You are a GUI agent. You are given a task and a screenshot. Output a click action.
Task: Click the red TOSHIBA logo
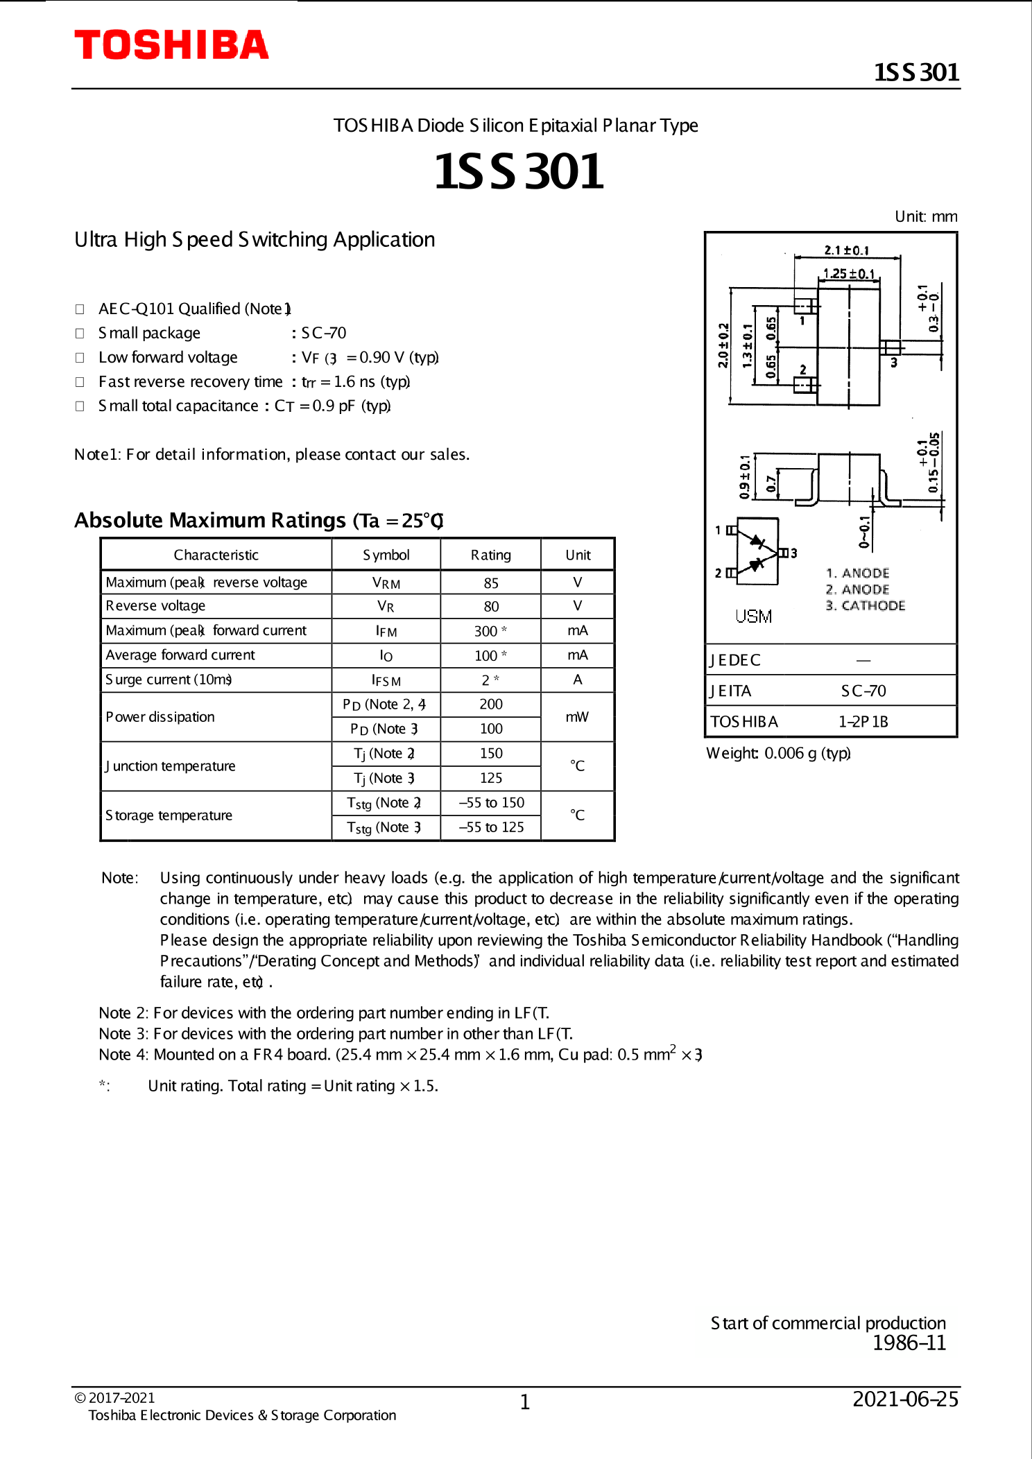pyautogui.click(x=171, y=45)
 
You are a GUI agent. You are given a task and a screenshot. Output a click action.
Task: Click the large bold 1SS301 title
pyautogui.click(x=519, y=171)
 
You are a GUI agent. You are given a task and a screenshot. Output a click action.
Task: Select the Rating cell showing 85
pyautogui.click(x=491, y=583)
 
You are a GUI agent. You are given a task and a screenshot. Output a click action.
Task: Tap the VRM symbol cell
pyautogui.click(x=386, y=583)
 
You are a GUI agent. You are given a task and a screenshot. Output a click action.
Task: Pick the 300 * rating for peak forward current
pyautogui.click(x=490, y=631)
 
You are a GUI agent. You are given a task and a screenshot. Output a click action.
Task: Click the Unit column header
pyautogui.click(x=578, y=555)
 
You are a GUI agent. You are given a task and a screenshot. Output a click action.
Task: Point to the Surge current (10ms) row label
pyautogui.click(x=169, y=680)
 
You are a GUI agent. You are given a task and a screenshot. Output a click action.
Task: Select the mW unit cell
pyautogui.click(x=577, y=716)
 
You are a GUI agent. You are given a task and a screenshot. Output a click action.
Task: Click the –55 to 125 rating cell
pyautogui.click(x=491, y=827)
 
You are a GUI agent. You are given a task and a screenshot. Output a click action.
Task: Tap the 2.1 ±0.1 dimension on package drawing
pyautogui.click(x=846, y=250)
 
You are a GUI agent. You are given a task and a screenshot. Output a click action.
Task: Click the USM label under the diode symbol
pyautogui.click(x=753, y=616)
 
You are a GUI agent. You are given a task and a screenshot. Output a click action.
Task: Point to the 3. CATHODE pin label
pyautogui.click(x=865, y=605)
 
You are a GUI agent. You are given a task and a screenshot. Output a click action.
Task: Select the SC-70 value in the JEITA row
pyautogui.click(x=863, y=691)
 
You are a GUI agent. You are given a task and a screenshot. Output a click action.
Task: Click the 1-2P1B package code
pyautogui.click(x=863, y=722)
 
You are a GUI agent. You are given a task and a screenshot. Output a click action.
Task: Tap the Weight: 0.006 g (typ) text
pyautogui.click(x=778, y=753)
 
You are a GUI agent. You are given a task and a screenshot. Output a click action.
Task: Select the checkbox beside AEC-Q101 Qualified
pyautogui.click(x=80, y=309)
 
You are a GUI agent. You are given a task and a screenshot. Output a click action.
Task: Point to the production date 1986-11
pyautogui.click(x=909, y=1343)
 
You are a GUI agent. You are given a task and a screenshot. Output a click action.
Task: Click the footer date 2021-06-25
pyautogui.click(x=905, y=1399)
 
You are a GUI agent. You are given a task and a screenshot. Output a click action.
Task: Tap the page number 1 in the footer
pyautogui.click(x=525, y=1402)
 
